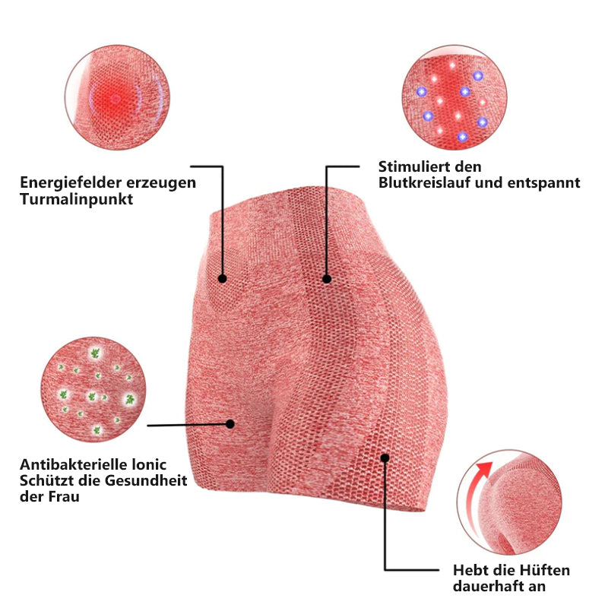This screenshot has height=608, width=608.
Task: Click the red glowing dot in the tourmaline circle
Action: [x=115, y=97]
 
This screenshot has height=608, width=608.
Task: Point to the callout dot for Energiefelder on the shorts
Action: [x=223, y=279]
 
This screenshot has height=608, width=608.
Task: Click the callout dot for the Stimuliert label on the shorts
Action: [x=327, y=279]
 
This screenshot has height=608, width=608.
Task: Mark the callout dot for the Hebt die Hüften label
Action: [x=385, y=458]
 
